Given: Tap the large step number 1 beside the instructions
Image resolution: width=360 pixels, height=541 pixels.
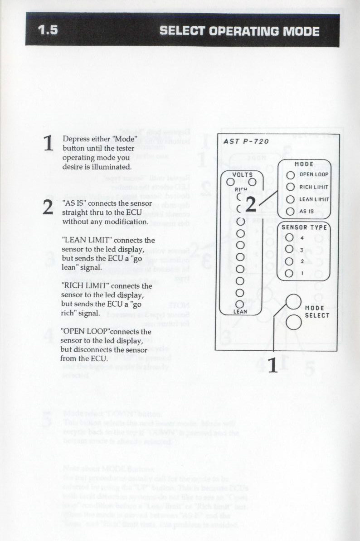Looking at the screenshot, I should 49,144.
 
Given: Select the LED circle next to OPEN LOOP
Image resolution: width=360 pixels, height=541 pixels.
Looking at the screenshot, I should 290,174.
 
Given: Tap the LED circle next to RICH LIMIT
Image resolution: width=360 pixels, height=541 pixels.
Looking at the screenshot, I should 290,187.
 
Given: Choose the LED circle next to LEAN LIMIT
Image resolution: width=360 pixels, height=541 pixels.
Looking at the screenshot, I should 290,199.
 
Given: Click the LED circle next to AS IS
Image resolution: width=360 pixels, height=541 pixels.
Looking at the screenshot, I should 290,211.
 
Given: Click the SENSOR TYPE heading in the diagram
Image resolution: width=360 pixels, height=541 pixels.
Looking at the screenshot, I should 304,227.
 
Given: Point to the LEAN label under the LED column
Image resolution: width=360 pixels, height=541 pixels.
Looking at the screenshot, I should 240,312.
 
